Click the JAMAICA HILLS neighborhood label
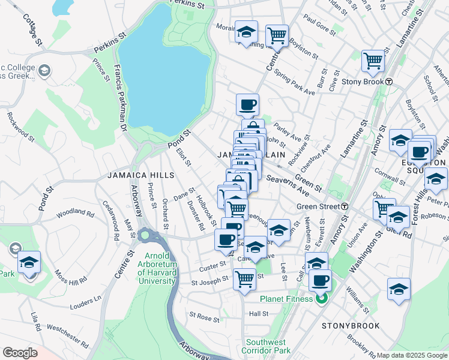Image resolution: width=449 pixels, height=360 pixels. tap(141, 175)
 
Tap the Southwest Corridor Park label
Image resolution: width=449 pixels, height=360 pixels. tap(267, 346)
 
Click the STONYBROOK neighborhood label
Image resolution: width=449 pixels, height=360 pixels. tap(351, 326)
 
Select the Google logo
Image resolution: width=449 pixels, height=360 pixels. tap(20, 353)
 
